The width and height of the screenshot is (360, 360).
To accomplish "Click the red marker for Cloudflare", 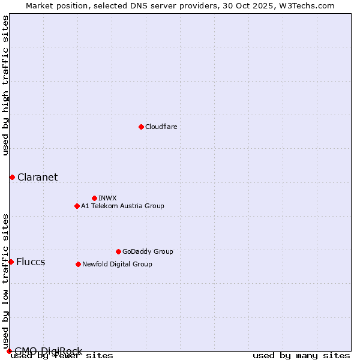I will click(141, 127).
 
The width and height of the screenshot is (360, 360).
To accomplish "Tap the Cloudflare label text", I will click(161, 127).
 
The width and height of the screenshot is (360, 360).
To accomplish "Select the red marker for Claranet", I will click(12, 177).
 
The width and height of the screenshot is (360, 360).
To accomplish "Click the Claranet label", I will click(37, 177).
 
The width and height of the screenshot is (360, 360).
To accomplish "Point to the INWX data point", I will click(94, 198).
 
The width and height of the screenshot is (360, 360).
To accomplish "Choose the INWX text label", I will click(107, 198).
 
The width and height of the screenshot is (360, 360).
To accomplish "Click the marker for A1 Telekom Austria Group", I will click(77, 206).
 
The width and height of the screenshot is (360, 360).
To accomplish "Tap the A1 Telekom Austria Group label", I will click(122, 206).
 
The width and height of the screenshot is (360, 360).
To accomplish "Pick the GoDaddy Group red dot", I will click(118, 251).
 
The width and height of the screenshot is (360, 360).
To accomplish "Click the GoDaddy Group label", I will click(148, 251).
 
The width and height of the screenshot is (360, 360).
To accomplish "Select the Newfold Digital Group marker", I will click(78, 264).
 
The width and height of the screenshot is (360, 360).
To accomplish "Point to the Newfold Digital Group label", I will click(117, 264).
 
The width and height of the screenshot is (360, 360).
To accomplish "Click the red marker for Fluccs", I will click(11, 262).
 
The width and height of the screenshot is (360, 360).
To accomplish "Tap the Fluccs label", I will click(31, 262).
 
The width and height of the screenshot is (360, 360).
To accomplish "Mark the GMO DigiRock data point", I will click(9, 351).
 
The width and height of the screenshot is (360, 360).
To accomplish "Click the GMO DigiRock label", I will click(48, 351).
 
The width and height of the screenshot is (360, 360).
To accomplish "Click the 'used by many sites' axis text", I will click(301, 356).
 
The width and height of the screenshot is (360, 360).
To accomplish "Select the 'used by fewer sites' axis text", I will click(62, 356).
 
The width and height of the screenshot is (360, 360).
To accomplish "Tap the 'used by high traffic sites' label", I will click(6, 85).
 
